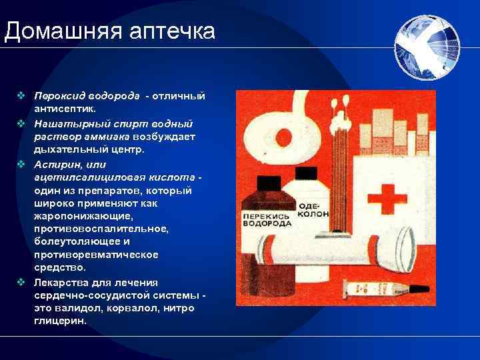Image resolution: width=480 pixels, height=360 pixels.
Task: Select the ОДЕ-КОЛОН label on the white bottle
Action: (309, 209)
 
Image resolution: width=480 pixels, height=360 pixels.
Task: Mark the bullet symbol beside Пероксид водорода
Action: (22, 96)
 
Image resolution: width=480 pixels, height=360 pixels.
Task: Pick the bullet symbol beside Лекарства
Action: (22, 283)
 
